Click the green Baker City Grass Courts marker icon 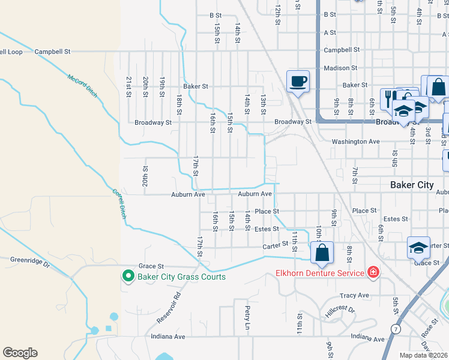pyautogui.click(x=128, y=277)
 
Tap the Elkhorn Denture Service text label pyautogui.click(x=320, y=273)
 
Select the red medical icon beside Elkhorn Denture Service pyautogui.click(x=373, y=272)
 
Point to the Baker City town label pyautogui.click(x=411, y=185)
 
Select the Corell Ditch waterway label pyautogui.click(x=119, y=204)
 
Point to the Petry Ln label pyautogui.click(x=247, y=317)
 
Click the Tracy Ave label pyautogui.click(x=354, y=295)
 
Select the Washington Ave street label pyautogui.click(x=356, y=142)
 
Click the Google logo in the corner pyautogui.click(x=20, y=353)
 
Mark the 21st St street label pyautogui.click(x=128, y=86)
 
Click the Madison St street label pyautogui.click(x=340, y=68)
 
